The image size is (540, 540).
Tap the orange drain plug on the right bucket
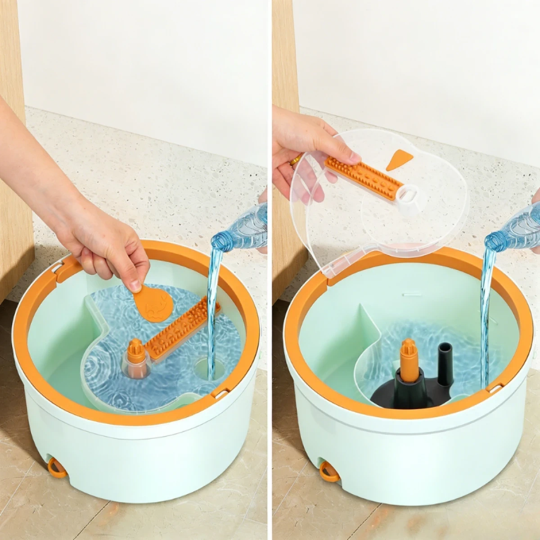[329, 472]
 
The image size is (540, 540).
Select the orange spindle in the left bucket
[135, 351]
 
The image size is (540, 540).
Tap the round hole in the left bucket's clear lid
[205, 369]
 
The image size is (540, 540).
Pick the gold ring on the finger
[295, 160]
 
